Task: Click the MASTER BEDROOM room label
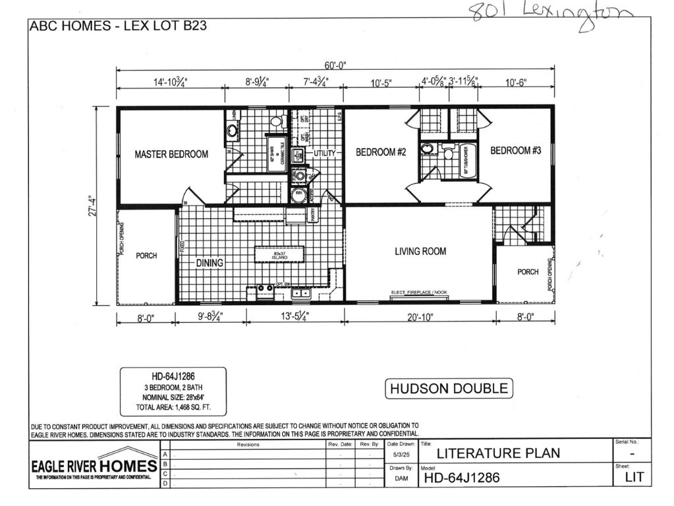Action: tap(171, 154)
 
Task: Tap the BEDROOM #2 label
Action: tap(381, 152)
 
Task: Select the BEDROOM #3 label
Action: tap(515, 151)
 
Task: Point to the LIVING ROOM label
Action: tap(420, 251)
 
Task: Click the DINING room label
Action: tap(210, 263)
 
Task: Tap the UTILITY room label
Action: tap(324, 153)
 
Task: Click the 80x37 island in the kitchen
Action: tap(281, 254)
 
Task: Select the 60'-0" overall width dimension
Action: tap(335, 65)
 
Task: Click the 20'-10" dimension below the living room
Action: tap(420, 318)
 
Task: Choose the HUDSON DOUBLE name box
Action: tap(449, 388)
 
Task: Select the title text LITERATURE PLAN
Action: tap(498, 453)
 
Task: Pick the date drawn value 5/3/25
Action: tap(399, 455)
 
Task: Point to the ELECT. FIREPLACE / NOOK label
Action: tap(419, 292)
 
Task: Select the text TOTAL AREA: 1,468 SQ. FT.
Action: tap(173, 407)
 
